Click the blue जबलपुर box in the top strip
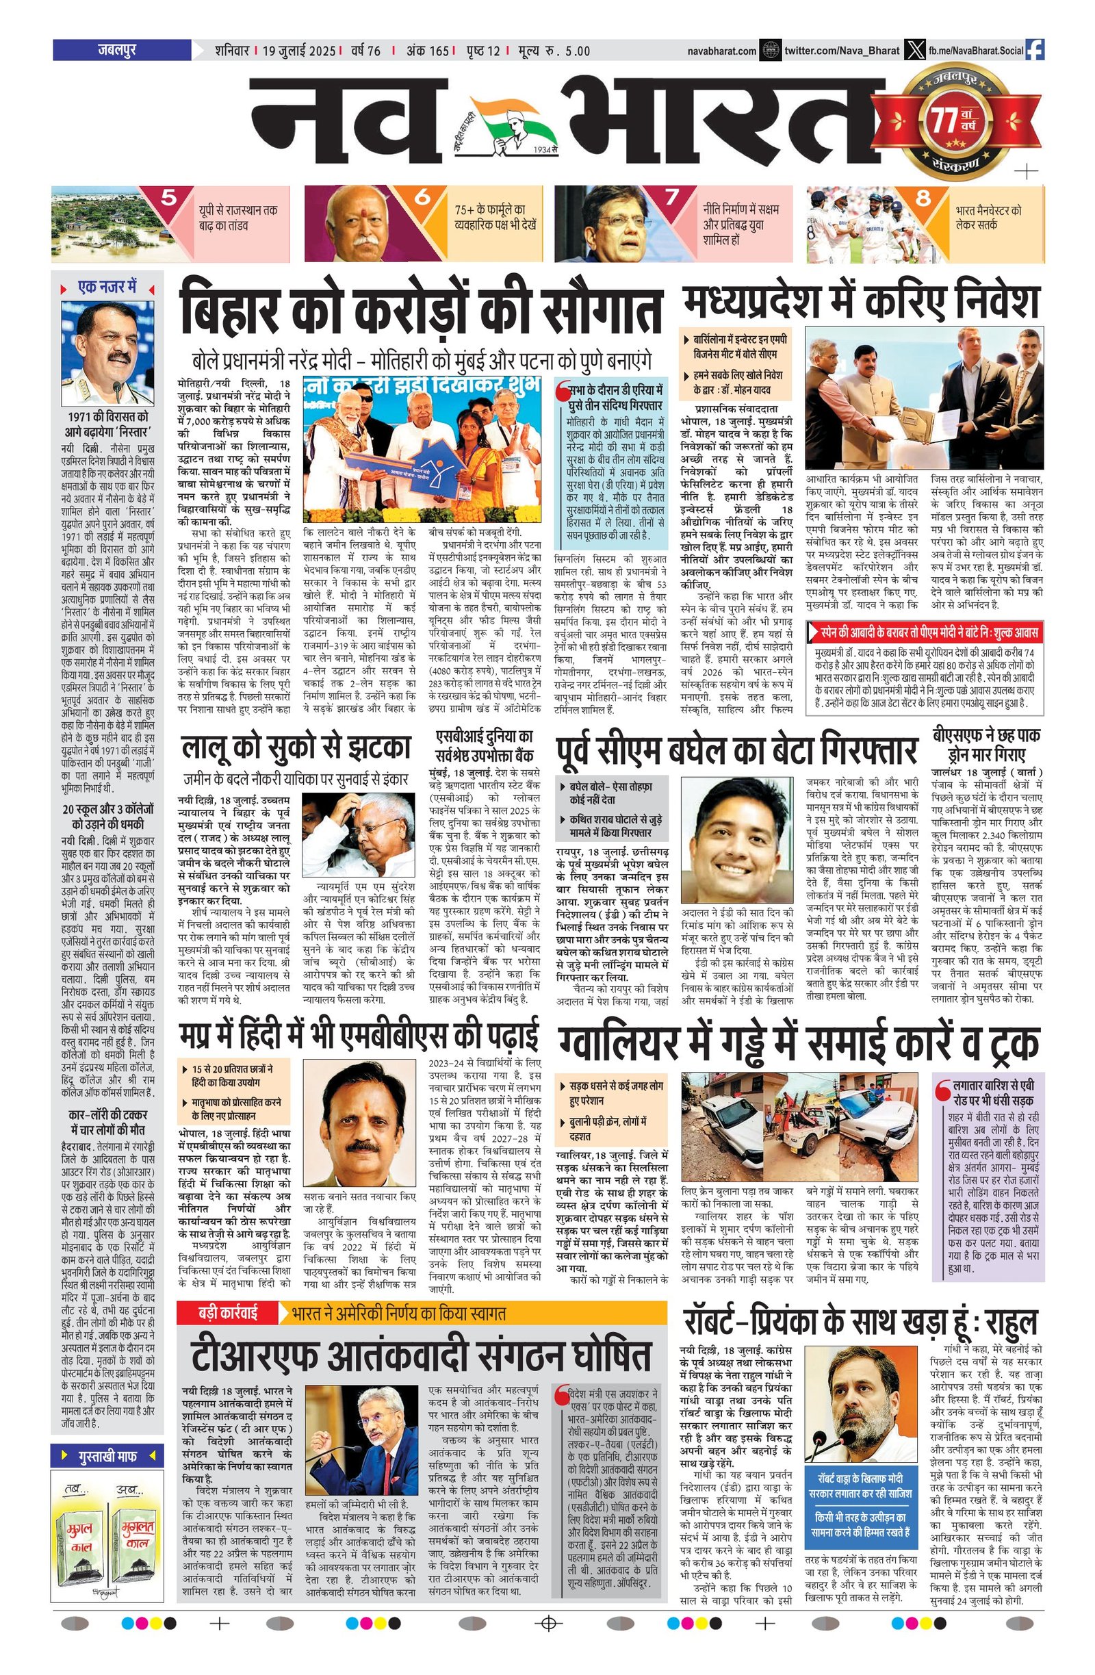click(121, 50)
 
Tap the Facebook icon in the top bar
click(1035, 50)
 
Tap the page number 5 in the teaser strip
click(169, 198)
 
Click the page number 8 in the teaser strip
click(923, 199)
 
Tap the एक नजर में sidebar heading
click(107, 287)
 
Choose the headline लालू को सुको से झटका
click(296, 747)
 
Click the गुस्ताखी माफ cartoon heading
click(107, 1455)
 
